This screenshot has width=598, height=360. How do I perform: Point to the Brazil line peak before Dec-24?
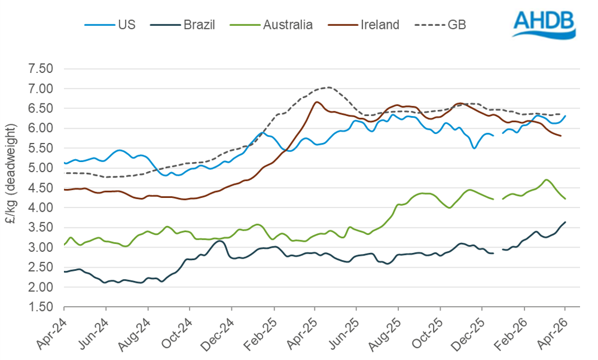pos(220,241)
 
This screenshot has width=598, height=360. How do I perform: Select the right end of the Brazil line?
pos(565,222)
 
